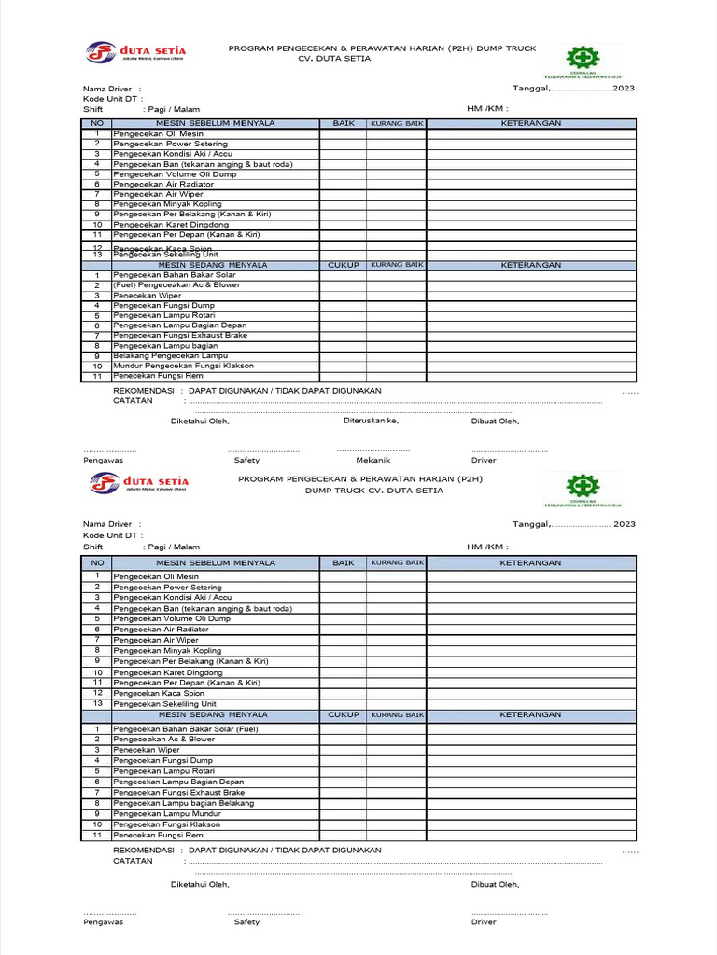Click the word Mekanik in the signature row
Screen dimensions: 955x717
tap(373, 460)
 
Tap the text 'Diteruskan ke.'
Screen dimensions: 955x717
tap(371, 421)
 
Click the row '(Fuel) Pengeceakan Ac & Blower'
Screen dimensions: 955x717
tap(176, 285)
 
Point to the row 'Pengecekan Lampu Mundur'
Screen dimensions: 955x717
tap(167, 814)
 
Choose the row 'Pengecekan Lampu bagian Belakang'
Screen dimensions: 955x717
tap(183, 803)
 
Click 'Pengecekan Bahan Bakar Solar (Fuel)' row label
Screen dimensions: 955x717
tap(186, 729)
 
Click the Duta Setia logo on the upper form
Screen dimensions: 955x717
tap(136, 52)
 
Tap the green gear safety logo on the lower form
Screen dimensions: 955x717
tap(583, 488)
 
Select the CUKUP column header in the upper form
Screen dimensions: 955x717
tap(343, 265)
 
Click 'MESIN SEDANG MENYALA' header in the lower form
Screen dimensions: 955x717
tap(216, 715)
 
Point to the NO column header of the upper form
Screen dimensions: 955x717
tap(96, 123)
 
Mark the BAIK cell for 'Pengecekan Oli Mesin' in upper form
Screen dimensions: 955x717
tap(343, 134)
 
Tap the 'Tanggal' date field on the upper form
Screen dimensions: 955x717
tap(573, 89)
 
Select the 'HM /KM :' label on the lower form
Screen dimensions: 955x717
tap(487, 547)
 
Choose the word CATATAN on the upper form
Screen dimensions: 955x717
tap(133, 400)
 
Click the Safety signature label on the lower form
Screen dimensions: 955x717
tap(246, 922)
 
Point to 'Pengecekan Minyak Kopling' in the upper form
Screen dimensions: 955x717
tap(167, 204)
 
